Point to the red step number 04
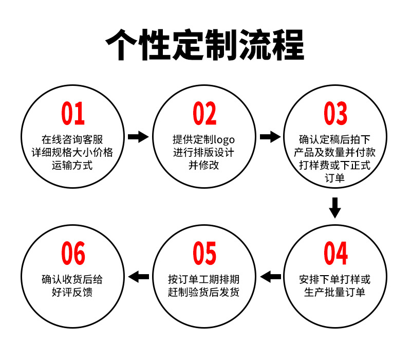click(335, 253)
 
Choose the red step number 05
click(204, 253)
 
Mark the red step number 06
click(73, 253)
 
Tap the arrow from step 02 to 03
click(270, 137)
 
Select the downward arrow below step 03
click(335, 207)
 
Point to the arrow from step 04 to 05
click(271, 277)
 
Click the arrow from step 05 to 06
click(138, 277)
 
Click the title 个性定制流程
click(205, 46)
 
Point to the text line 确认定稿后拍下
click(335, 139)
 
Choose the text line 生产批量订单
click(335, 293)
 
